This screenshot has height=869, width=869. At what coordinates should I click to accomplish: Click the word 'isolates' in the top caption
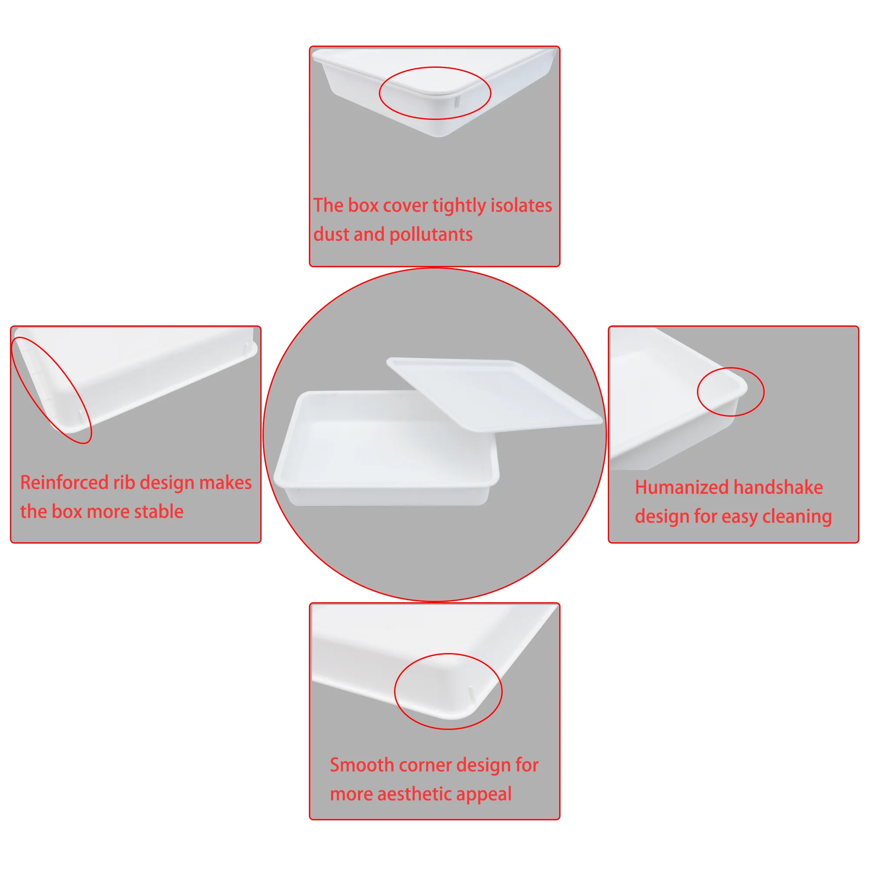pos(521,205)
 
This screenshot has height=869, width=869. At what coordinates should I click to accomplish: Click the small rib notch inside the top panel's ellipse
pos(457,102)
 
